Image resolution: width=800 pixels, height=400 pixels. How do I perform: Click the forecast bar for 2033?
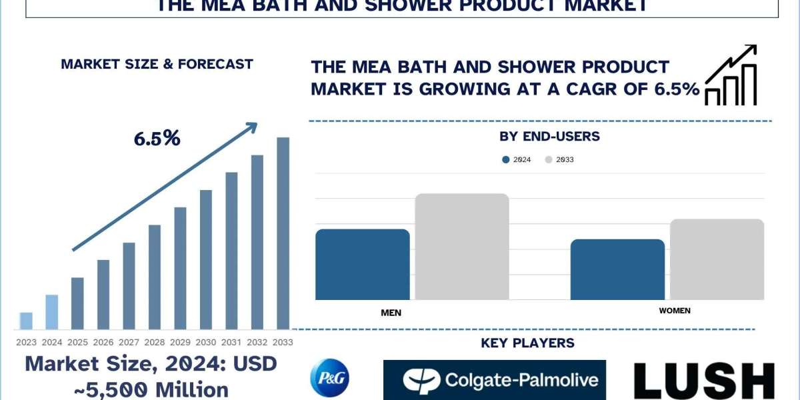pos(283,233)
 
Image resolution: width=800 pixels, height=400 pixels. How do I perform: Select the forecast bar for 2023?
pos(26,321)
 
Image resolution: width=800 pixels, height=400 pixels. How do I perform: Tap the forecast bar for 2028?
pos(155,277)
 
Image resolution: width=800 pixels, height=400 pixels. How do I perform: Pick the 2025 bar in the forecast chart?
pos(77,303)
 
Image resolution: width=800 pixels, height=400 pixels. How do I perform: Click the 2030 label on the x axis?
pos(206,342)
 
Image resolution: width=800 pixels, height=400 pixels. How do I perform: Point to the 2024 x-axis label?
pos(51,342)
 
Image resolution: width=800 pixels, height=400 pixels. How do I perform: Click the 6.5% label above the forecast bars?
pos(157,139)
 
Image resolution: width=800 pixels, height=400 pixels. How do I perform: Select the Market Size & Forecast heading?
pos(157,65)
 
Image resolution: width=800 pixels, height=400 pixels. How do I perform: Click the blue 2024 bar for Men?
pos(362,264)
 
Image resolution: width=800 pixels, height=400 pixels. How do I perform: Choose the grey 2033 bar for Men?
pos(462,247)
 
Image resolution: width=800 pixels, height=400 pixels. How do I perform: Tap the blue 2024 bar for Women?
pos(617,269)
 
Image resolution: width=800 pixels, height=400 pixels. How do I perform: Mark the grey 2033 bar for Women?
pos(717,259)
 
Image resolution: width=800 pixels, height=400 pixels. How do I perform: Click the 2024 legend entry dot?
pos(506,160)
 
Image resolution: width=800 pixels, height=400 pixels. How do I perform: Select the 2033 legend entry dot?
pos(549,160)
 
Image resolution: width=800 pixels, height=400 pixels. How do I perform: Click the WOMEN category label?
pos(675,311)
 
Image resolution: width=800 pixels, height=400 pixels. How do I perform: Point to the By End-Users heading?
pos(549,137)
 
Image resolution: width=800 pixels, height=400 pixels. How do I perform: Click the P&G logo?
pos(329,378)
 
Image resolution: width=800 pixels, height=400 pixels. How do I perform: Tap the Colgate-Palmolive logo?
pos(494,380)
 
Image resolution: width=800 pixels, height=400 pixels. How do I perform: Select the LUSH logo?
pos(703,381)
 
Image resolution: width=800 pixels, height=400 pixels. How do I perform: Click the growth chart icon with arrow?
pos(731,75)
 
